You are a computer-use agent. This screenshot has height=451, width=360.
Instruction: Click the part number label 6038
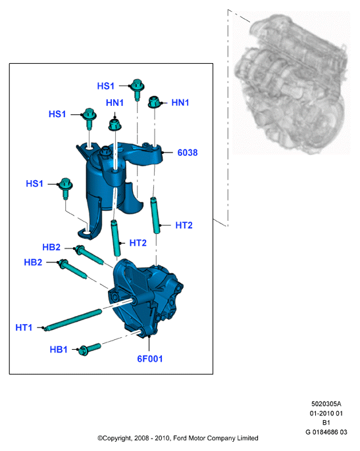coord(188,153)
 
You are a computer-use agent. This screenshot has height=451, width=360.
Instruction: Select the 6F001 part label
coord(150,359)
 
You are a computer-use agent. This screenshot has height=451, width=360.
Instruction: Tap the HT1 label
coord(24,327)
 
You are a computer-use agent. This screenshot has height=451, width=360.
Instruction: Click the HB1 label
coord(59,350)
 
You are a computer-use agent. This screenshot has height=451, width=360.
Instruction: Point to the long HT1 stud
coord(73,320)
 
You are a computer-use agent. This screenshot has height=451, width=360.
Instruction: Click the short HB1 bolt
coord(90,349)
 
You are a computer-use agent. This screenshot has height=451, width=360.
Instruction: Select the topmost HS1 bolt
coord(137,89)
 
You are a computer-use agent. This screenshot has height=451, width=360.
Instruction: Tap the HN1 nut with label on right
coord(155,102)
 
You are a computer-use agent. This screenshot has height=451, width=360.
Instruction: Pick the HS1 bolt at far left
coord(66,188)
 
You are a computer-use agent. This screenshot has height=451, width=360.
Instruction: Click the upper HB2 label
coord(51,247)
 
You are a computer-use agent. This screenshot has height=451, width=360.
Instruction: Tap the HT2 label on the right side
coord(184,225)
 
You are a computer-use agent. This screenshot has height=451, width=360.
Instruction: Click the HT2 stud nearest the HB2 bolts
coord(116,238)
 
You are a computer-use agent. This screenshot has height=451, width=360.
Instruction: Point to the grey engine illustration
coord(292,83)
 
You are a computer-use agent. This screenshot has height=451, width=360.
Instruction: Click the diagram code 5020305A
coord(326,404)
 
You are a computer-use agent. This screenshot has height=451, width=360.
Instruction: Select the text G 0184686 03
coord(326,432)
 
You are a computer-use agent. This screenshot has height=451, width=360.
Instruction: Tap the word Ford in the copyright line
coord(180,438)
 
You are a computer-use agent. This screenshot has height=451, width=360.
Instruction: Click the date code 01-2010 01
coord(326,414)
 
